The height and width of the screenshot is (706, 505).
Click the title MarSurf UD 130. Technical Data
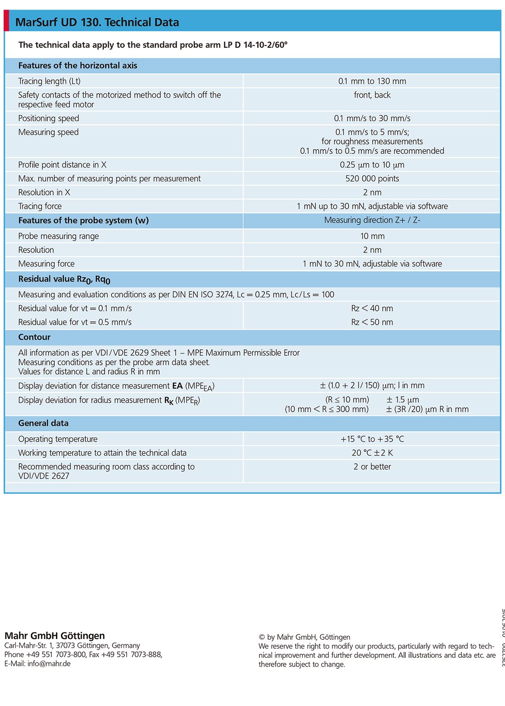(97, 22)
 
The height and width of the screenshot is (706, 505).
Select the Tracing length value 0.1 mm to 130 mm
(372, 81)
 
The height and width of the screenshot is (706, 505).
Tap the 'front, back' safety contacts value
(372, 95)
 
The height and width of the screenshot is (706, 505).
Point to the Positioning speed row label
(49, 118)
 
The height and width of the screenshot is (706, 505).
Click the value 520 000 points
(372, 179)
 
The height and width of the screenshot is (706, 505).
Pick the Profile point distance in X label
(62, 165)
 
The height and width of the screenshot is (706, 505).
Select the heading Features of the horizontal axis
(78, 66)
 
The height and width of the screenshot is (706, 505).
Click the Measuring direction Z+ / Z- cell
(372, 220)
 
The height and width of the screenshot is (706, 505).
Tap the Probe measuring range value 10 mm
(372, 236)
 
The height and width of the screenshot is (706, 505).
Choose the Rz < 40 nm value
(372, 308)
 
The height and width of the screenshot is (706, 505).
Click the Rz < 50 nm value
(372, 322)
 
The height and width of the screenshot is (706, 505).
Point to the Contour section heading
(34, 337)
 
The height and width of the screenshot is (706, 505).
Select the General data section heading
(43, 423)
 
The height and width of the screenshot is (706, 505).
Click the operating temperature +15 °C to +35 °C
(372, 439)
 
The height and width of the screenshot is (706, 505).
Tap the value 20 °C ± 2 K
(372, 453)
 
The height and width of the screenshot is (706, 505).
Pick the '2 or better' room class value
(372, 467)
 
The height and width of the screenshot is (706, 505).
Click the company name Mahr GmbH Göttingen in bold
(55, 636)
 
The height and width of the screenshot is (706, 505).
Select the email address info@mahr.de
(49, 664)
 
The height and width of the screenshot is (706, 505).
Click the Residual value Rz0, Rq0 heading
(64, 279)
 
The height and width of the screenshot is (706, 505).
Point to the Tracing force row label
(40, 207)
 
